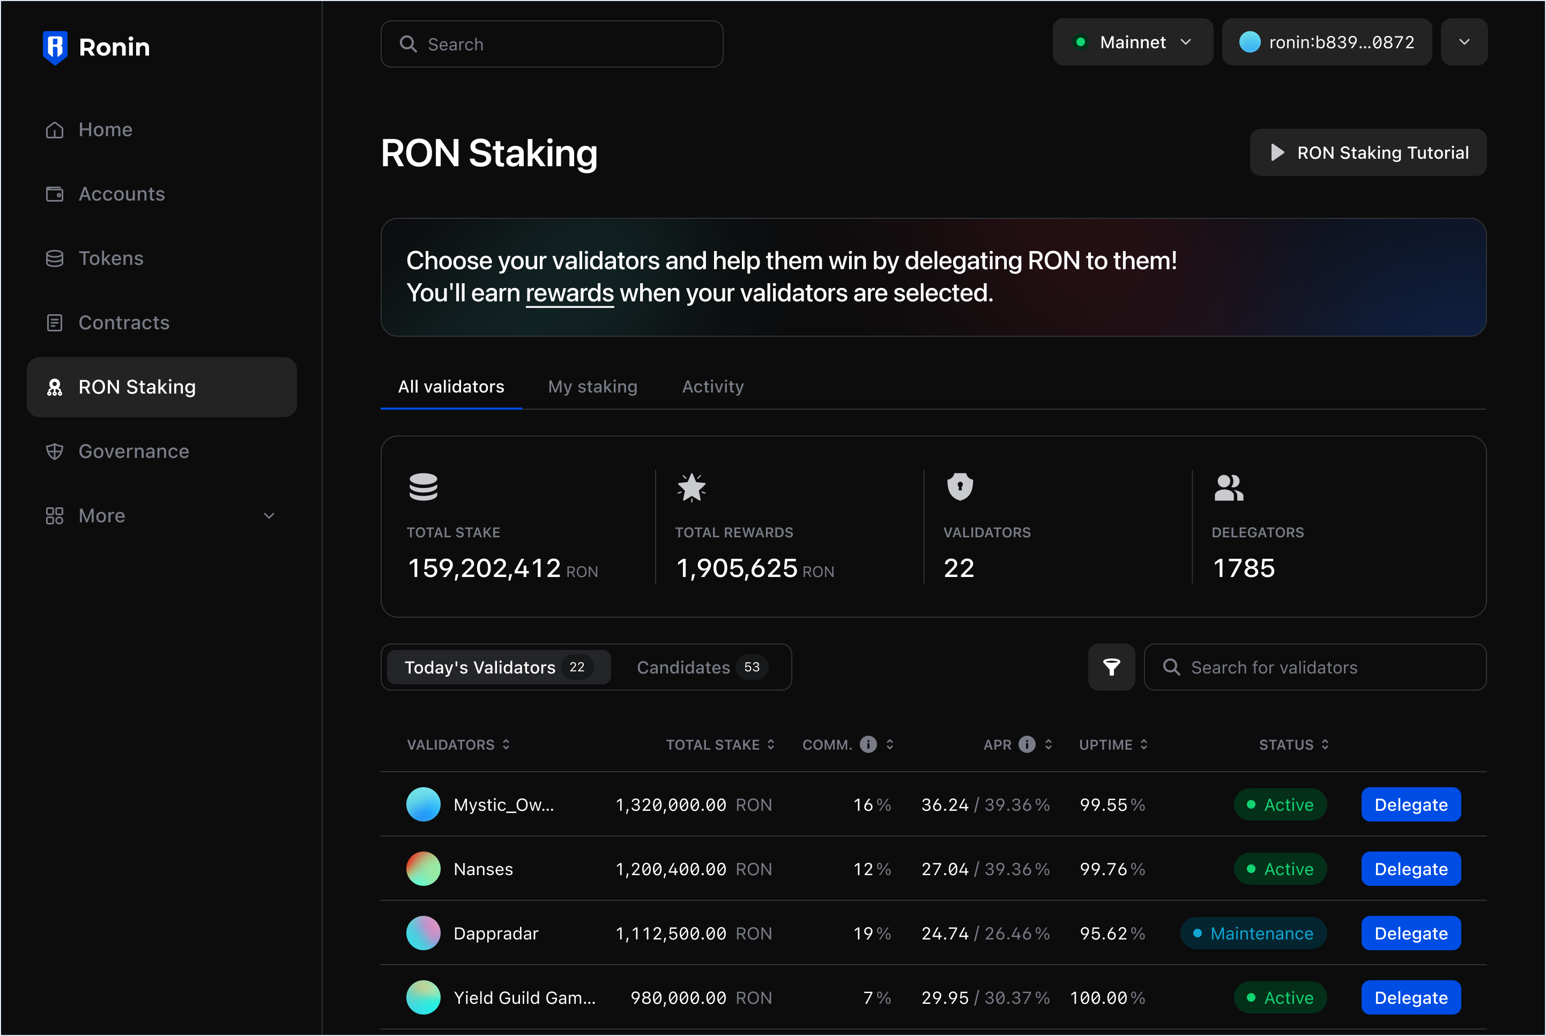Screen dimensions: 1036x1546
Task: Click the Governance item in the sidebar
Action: pos(133,452)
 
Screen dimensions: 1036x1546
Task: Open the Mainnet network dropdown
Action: pos(1132,42)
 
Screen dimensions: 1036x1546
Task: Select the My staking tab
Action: pos(592,387)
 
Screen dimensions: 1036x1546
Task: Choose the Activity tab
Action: pos(712,387)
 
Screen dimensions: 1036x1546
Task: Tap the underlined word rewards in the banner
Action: pos(569,293)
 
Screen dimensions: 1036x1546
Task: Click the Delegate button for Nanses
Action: pos(1410,869)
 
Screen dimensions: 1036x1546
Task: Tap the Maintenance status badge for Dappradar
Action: pos(1253,934)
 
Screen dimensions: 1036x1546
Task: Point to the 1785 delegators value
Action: pos(1244,568)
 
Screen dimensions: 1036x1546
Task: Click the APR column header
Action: pos(997,745)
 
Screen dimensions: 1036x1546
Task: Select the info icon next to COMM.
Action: pos(868,745)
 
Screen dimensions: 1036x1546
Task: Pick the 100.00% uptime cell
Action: pos(1107,998)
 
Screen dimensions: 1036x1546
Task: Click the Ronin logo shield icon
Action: pos(55,47)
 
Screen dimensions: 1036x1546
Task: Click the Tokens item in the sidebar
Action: pos(110,258)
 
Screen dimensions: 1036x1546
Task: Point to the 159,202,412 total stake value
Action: pos(484,568)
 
